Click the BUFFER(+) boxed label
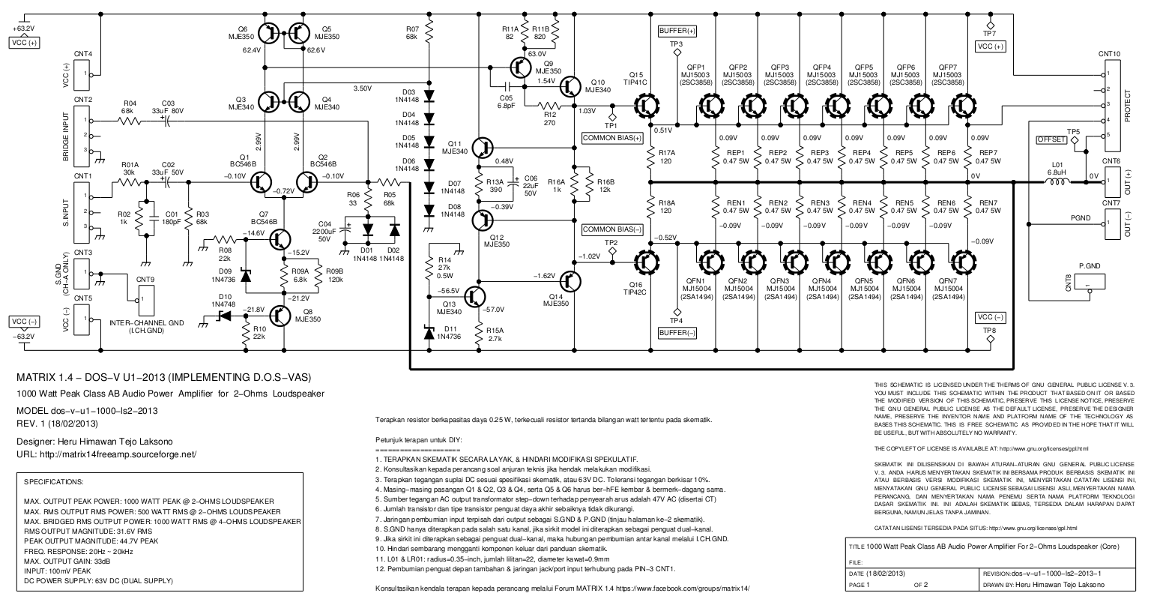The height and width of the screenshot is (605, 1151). tap(677, 31)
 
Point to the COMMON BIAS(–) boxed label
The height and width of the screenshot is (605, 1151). tap(613, 229)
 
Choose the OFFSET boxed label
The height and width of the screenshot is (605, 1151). tap(1051, 139)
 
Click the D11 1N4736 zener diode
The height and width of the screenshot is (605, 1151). tap(429, 333)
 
